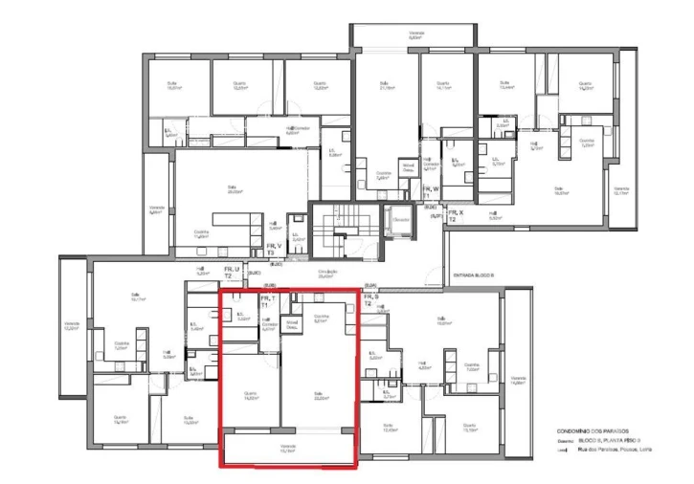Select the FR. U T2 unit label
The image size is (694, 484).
233,274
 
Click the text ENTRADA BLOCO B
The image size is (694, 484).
473,275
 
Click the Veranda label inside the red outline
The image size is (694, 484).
288,448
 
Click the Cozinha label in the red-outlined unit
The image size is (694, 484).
322,319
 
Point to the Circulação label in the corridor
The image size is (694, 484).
330,275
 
